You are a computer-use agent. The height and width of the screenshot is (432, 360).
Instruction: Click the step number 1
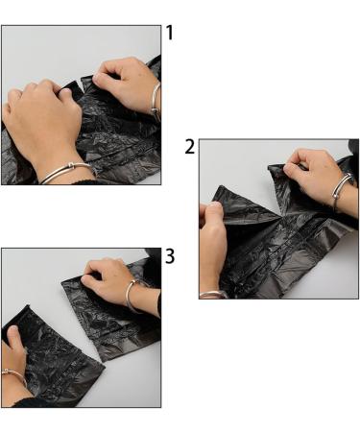(x=170, y=33)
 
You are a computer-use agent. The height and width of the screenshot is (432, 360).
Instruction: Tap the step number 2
(x=190, y=147)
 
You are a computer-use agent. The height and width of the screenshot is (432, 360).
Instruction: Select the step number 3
(x=170, y=256)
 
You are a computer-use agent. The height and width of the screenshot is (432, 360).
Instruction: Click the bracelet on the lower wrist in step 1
(x=68, y=172)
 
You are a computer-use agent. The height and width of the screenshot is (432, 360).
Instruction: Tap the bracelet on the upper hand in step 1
(x=156, y=99)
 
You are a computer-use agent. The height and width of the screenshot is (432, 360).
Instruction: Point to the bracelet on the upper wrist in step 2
(x=341, y=189)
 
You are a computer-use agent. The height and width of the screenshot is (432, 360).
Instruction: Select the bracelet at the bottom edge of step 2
(x=212, y=295)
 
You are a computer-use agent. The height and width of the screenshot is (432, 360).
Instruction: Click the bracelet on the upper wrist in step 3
(x=132, y=296)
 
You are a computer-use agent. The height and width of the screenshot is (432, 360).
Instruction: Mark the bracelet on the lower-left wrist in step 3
(x=14, y=376)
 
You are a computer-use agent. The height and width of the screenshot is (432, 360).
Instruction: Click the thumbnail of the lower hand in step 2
(x=215, y=207)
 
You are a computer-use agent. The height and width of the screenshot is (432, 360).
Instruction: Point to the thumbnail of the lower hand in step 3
(x=13, y=329)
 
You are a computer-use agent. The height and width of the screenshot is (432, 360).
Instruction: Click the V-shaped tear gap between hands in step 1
(x=81, y=86)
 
